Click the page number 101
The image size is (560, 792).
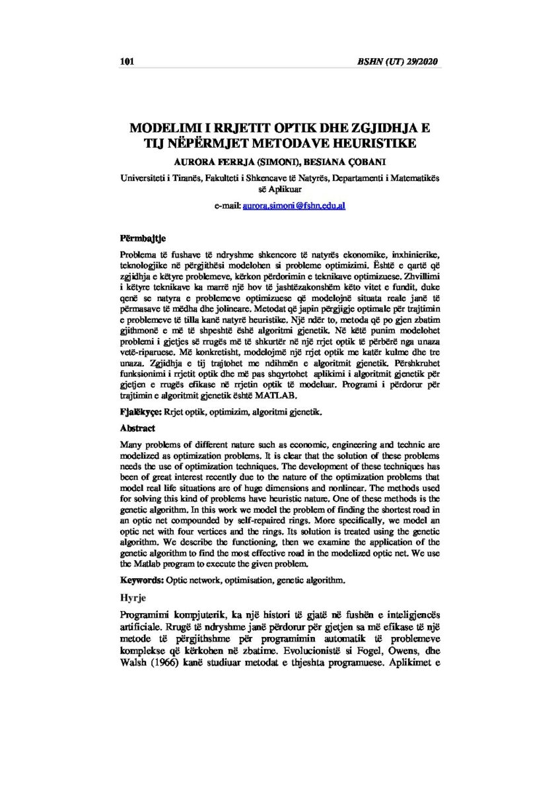point(127,62)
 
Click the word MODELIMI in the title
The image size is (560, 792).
point(166,126)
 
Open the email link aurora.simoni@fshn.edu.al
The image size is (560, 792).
point(294,207)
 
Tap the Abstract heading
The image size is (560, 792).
point(137,428)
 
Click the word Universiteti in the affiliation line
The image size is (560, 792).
point(145,178)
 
